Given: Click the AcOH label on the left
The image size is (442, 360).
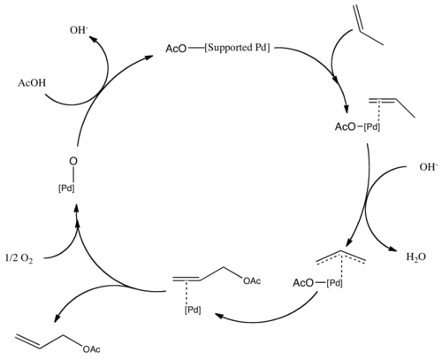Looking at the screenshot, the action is point(32,83).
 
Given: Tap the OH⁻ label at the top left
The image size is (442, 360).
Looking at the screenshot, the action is point(79,30).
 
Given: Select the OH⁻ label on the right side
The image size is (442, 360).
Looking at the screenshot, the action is point(429,167).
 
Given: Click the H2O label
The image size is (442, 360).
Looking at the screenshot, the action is point(416,257).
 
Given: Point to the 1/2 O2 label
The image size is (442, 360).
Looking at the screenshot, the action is point(19,258).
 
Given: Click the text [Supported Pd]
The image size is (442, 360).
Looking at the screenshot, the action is point(237,48).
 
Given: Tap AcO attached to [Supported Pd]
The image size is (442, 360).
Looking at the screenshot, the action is point(176,49).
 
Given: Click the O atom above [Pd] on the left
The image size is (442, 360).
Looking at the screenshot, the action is point(73,161).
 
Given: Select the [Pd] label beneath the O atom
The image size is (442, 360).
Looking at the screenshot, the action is point(66,188).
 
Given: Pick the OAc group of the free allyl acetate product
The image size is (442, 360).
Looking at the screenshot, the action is point(91,349).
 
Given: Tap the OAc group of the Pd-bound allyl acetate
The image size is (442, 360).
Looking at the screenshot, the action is point(252,281).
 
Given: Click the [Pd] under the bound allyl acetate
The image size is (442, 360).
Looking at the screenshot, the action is point(193,310).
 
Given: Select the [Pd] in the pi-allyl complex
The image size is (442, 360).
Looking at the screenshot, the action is point(334,283).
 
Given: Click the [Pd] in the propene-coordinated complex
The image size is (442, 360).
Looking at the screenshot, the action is point(372,127).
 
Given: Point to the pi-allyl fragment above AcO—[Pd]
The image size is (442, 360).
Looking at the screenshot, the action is point(341,257).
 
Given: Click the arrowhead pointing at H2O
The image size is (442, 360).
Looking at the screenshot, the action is point(395,249).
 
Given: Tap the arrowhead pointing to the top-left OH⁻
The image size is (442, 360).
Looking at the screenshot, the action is point(93,39).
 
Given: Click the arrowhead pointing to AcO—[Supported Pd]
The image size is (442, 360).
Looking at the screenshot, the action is point(149,57).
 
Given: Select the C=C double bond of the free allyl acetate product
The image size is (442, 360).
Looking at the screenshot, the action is point(27,341).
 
